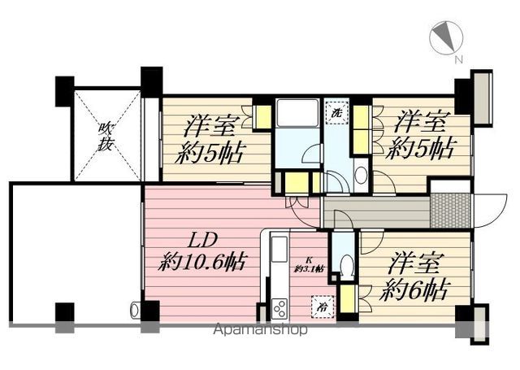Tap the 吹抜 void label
click(107, 137)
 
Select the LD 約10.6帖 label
click(203, 253)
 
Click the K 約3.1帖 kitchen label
click(310, 263)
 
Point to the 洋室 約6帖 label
click(415, 276)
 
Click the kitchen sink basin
click(278, 247)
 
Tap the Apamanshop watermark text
click(259, 331)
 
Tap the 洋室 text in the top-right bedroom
click(422, 124)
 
